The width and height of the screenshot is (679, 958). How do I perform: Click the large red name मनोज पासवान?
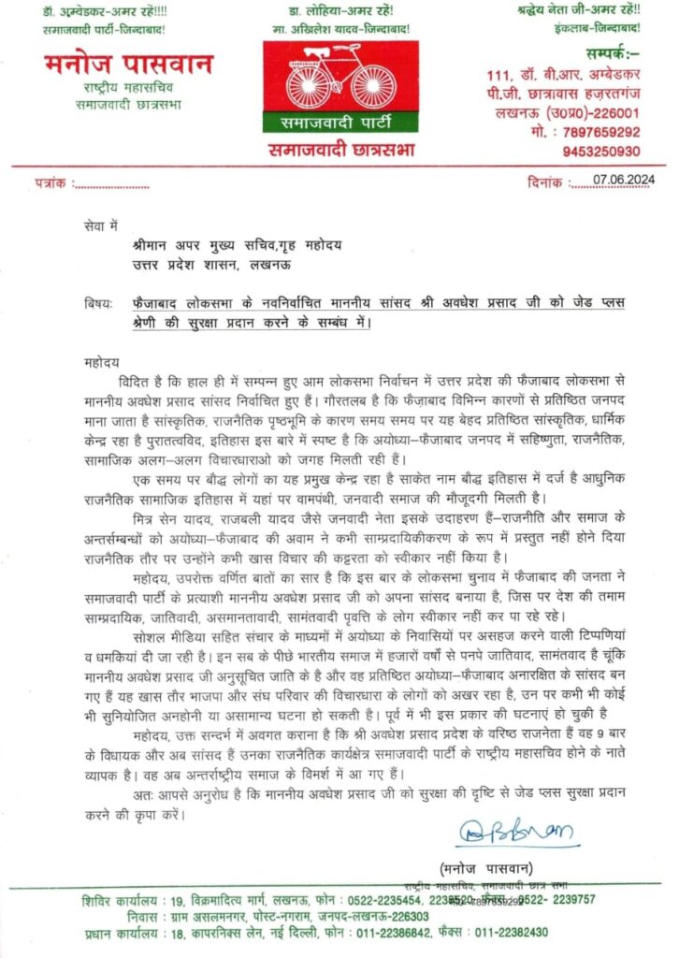pyautogui.click(x=128, y=65)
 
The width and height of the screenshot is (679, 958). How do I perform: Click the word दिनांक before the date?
pyautogui.click(x=548, y=184)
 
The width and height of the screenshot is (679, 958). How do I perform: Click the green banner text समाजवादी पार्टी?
pyautogui.click(x=339, y=123)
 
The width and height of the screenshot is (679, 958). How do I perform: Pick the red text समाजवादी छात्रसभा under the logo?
pyautogui.click(x=339, y=150)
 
